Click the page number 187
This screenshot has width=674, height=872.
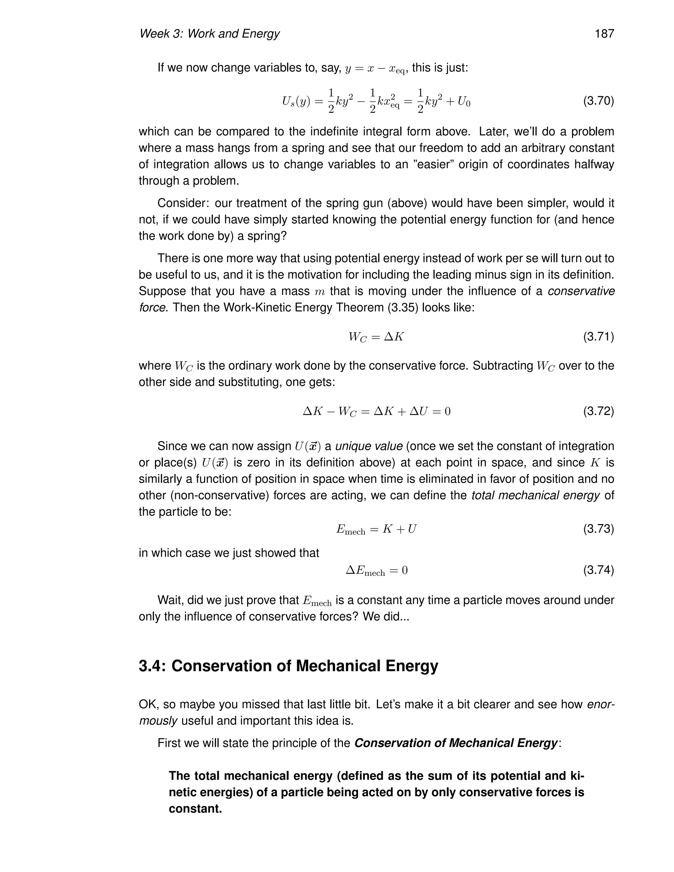[x=604, y=34]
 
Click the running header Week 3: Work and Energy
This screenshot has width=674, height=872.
[x=209, y=34]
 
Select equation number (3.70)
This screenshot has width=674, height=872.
[x=598, y=101]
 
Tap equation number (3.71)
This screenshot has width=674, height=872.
[x=598, y=337]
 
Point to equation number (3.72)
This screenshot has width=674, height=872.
[x=598, y=411]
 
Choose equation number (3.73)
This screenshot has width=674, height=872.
[x=598, y=529]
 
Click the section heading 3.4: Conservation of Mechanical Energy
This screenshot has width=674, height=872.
[x=288, y=666]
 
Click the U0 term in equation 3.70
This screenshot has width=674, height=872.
[x=464, y=102]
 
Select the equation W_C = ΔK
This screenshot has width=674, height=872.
[x=376, y=337]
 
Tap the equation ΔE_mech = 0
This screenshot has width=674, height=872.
[x=376, y=571]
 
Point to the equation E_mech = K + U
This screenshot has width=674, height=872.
[x=376, y=529]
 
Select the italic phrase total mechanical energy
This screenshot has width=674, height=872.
[x=535, y=496]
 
